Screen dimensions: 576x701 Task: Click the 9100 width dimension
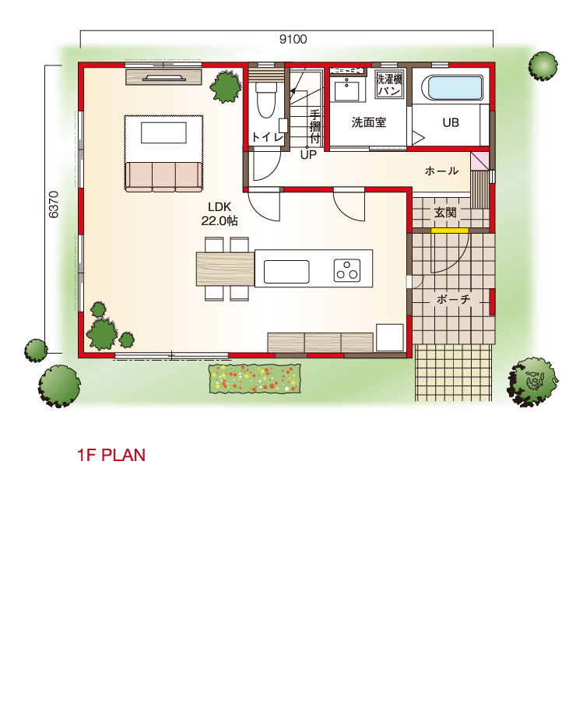293,40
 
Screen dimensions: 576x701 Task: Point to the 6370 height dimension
53,205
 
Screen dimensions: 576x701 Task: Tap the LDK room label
220,206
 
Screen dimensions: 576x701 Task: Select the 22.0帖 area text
220,220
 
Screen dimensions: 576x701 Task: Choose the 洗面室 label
369,122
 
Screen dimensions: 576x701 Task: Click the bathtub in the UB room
455,87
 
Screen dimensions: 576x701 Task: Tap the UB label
451,122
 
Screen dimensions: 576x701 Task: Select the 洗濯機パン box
390,84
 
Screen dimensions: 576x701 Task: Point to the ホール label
441,171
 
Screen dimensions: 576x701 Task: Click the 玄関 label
445,213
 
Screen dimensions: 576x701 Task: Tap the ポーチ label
453,298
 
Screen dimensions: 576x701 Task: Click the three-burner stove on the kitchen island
346,270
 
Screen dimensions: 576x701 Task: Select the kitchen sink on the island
286,272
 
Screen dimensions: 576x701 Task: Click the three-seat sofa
163,177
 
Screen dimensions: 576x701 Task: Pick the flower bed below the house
255,379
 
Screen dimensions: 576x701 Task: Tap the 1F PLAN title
111,455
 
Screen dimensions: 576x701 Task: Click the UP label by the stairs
308,155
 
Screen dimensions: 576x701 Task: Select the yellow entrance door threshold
450,231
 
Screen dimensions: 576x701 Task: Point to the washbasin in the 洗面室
346,91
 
